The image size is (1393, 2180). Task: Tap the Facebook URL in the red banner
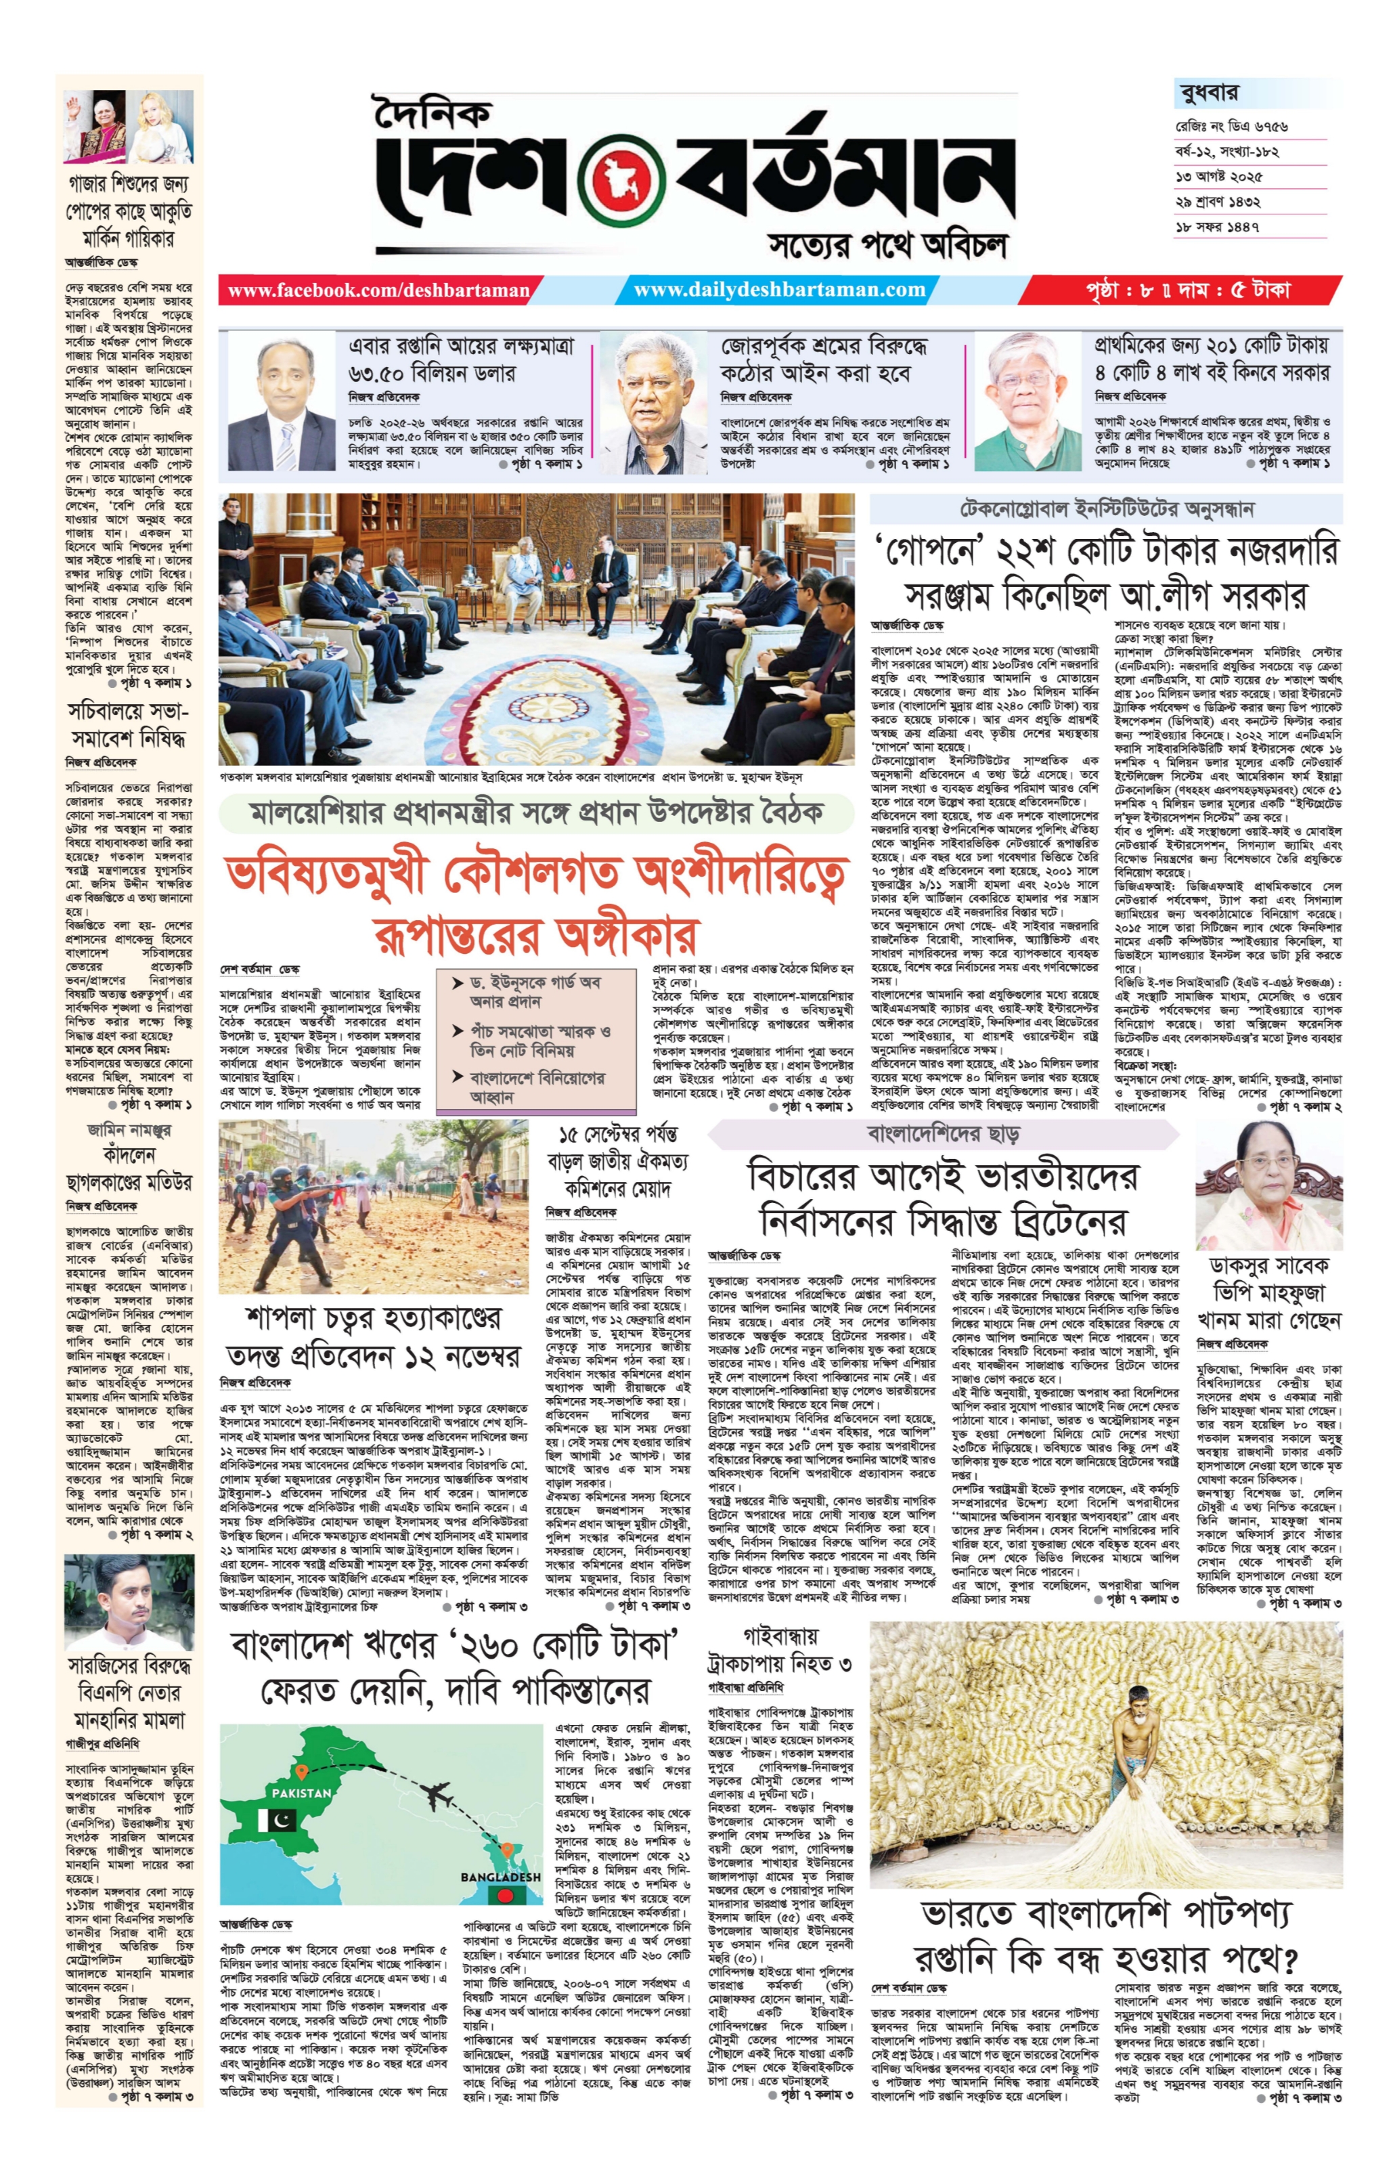click(x=378, y=290)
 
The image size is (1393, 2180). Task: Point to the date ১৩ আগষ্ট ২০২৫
click(x=1218, y=177)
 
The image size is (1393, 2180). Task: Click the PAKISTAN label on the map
click(x=301, y=1791)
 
